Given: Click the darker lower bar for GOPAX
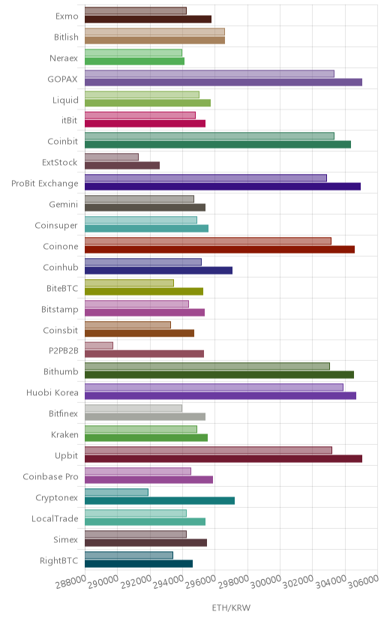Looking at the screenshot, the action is pos(223,82).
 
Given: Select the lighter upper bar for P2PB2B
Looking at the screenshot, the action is pos(99,346).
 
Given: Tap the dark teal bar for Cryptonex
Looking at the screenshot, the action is pos(160,501).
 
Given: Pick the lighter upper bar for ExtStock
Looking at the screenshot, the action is pos(112,157).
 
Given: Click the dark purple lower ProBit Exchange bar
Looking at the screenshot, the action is pos(223,187).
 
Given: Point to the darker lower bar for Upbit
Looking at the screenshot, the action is pos(223,459).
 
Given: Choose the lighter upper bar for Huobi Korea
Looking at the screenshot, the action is pos(214,387).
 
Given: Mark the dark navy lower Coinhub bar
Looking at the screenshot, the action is pos(158,271).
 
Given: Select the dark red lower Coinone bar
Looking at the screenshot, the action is pos(220,250).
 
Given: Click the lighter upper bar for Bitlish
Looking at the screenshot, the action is pos(154,32).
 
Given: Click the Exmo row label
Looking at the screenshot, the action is pos(67,16).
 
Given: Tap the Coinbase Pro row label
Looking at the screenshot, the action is pos(51,477).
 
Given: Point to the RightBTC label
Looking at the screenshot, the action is pos(59,561).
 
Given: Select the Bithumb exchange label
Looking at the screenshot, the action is pos(61,372).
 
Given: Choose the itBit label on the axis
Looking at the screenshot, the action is pos(69,121).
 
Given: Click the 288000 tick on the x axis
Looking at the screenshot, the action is pos(70,582).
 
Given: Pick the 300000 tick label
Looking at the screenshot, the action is pos(266,582).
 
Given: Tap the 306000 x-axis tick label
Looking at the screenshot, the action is pos(364,582).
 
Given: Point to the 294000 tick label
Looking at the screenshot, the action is pos(169,582).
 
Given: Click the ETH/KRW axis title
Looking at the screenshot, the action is pos(231,608).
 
